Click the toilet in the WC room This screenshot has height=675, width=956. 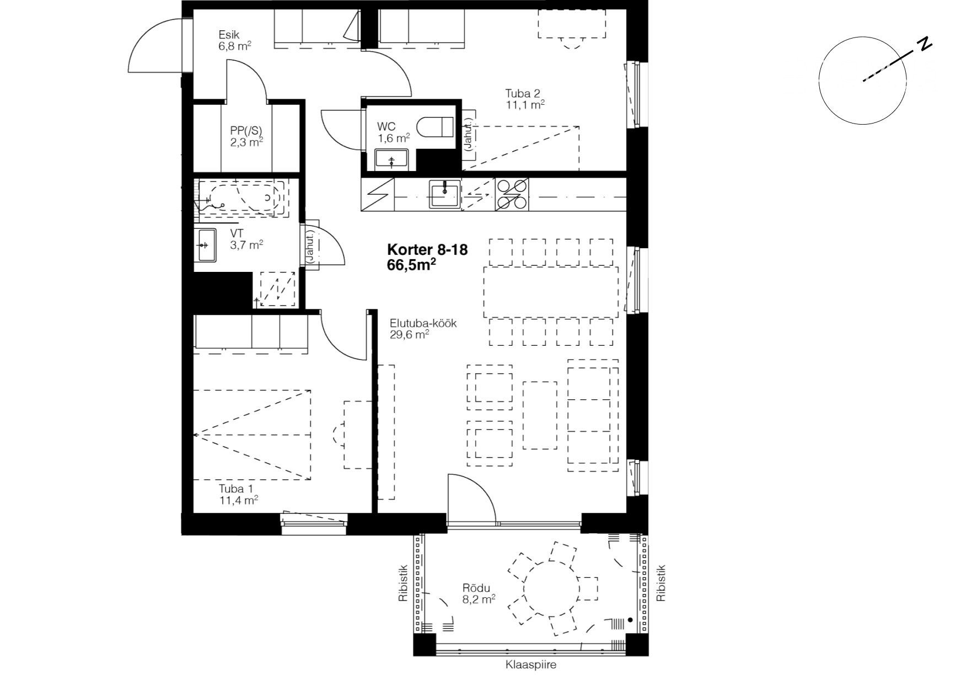[x=434, y=127]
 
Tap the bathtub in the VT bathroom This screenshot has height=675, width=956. [x=242, y=196]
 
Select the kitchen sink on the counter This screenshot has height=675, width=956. [x=444, y=195]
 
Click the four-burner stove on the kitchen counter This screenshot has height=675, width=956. [x=512, y=195]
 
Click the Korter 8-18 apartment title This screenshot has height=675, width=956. [x=427, y=250]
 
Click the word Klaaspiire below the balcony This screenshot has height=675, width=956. [x=530, y=665]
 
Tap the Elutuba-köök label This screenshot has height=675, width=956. [x=423, y=324]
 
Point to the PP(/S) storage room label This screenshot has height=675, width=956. [x=246, y=131]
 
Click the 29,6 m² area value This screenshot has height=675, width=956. [x=410, y=334]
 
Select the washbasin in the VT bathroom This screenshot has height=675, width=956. [x=206, y=245]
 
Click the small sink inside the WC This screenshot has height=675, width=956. [x=391, y=158]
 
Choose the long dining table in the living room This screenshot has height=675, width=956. [x=551, y=292]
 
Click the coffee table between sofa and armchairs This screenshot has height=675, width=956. [x=540, y=415]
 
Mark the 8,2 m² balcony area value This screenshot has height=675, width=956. [x=479, y=598]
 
